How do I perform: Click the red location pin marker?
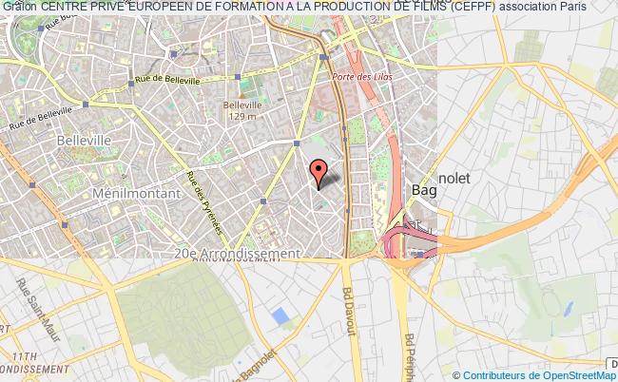(319, 171)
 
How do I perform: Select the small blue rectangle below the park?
(279, 315)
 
